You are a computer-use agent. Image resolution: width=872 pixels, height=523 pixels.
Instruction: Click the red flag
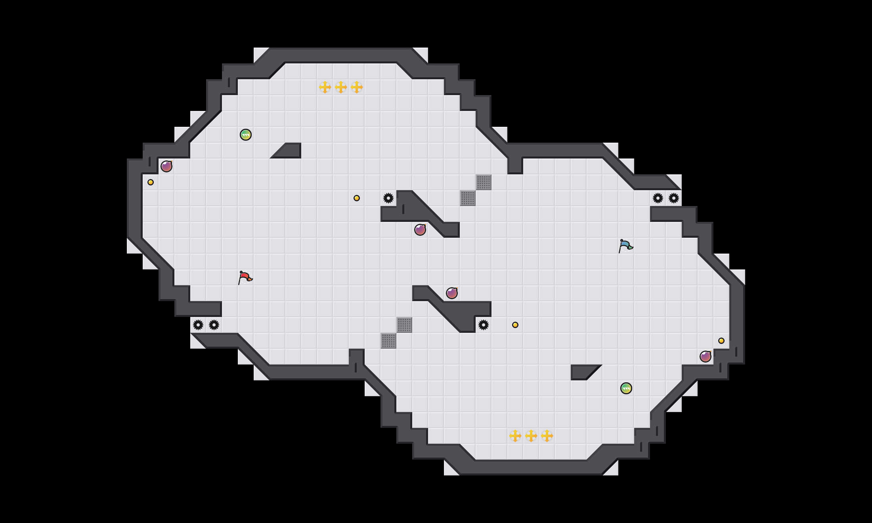pos(245,277)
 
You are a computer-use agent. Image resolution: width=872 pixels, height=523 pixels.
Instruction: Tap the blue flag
pos(625,246)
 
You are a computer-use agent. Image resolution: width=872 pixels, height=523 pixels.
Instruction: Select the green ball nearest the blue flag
pos(626,388)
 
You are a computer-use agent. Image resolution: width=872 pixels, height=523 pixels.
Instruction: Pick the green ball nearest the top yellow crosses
pos(246,135)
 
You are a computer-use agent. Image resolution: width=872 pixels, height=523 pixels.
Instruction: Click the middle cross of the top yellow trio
pos(341,87)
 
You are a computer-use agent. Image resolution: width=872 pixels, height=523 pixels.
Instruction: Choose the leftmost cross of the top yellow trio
pos(325,87)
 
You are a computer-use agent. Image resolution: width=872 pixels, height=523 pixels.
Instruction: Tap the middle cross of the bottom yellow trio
pos(531,436)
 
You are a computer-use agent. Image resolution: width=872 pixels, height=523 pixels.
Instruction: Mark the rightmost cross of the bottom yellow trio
pos(547,436)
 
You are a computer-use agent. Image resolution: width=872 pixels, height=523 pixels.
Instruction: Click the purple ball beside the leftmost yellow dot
pos(166,166)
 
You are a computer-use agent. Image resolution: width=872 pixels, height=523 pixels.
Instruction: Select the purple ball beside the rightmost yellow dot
pos(706,357)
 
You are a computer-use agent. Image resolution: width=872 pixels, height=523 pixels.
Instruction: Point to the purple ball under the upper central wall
pos(420,230)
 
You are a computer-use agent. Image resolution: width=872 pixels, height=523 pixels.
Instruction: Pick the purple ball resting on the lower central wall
pos(452,293)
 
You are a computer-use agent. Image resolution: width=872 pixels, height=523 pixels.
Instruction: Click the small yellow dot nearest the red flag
pos(357,198)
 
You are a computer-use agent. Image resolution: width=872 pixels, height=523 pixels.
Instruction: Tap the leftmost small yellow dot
pos(151,182)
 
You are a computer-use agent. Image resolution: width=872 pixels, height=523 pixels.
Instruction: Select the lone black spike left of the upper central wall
pos(388,198)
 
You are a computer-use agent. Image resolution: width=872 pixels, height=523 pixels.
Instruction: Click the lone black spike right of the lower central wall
pos(484,325)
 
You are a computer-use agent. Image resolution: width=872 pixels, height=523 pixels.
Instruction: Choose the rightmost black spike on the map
pos(674,198)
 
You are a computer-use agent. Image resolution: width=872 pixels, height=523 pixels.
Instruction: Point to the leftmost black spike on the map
pos(198,325)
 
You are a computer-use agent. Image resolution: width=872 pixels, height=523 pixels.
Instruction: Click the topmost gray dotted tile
pos(484,182)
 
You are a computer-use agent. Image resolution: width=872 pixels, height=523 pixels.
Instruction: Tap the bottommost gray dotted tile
pos(388,341)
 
